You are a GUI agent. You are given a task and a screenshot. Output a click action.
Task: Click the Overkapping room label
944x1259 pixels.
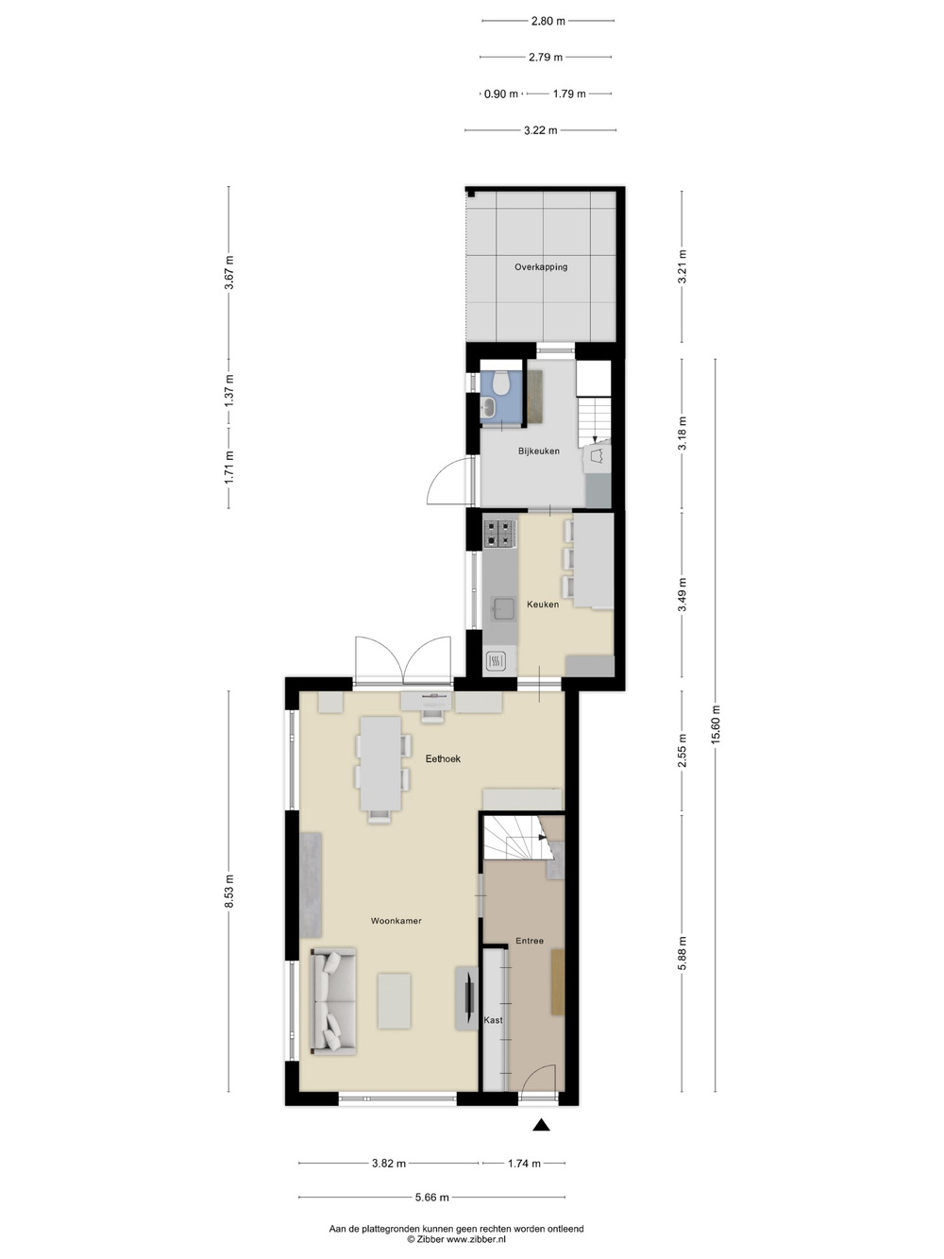541,266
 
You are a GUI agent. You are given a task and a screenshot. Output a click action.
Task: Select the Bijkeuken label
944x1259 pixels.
539,451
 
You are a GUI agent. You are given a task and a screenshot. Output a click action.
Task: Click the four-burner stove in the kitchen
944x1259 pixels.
499,532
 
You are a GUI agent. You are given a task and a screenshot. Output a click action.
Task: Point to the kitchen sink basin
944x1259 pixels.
502,609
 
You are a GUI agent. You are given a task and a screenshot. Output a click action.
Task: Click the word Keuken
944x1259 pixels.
543,604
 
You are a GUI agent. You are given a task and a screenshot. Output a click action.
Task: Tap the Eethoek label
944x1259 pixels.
443,758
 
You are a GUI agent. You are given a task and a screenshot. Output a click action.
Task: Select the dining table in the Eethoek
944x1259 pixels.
380,763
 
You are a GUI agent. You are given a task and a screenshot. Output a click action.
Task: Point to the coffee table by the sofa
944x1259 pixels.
395,1000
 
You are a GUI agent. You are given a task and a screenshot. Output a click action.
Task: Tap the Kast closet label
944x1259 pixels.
493,1020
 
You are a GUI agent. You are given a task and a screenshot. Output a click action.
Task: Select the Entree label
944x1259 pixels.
529,941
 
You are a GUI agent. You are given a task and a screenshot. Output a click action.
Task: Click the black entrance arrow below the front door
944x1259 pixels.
541,1125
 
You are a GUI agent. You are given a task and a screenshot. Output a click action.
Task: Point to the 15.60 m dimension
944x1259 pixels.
716,725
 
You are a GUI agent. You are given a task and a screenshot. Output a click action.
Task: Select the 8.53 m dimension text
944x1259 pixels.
228,892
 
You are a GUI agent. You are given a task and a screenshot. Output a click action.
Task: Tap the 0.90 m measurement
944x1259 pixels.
501,94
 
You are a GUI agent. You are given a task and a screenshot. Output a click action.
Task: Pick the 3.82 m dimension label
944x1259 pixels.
389,1164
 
